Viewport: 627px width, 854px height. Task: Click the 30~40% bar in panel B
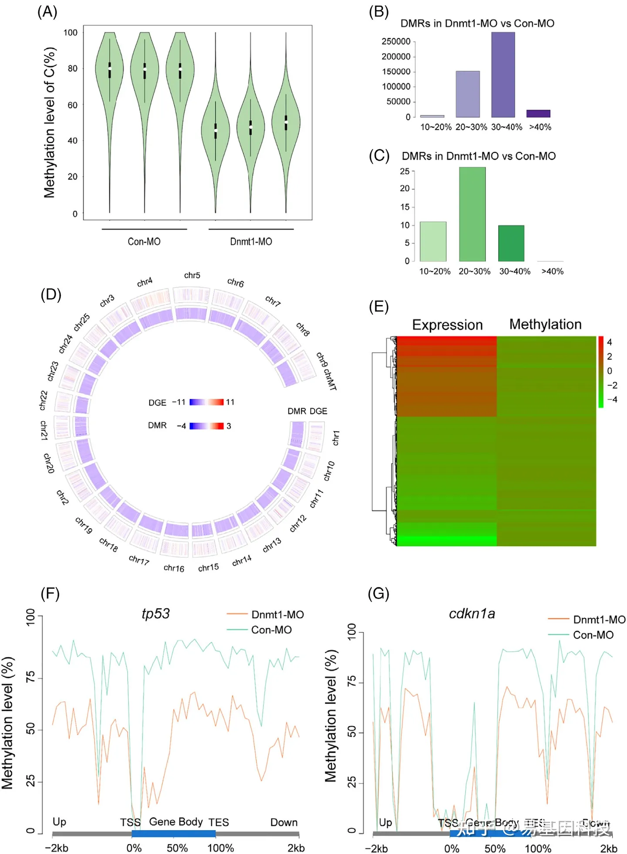[x=503, y=75]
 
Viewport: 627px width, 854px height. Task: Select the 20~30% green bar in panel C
[x=472, y=214]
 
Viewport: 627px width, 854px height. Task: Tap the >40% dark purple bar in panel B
[x=538, y=114]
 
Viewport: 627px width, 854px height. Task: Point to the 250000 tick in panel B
[x=396, y=41]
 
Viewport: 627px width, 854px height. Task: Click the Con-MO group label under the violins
[x=144, y=241]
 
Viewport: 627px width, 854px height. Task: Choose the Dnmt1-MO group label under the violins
[x=251, y=241]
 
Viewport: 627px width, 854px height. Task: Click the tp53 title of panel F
[x=155, y=613]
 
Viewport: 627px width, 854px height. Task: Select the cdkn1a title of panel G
[x=472, y=613]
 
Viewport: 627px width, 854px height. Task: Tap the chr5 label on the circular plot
[x=192, y=275]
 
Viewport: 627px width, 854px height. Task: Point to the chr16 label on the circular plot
[x=174, y=568]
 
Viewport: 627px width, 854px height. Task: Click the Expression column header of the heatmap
[x=447, y=325]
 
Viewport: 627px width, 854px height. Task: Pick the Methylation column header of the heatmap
[x=545, y=324]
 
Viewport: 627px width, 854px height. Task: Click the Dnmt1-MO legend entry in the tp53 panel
[x=277, y=614]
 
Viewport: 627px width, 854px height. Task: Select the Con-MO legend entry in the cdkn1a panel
[x=593, y=635]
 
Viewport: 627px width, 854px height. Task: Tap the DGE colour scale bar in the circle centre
[x=206, y=402]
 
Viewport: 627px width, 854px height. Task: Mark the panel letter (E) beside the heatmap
[x=378, y=307]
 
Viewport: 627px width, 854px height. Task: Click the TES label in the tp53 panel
[x=218, y=822]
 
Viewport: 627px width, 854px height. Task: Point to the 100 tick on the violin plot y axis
[x=71, y=33]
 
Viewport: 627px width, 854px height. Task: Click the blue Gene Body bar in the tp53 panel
[x=173, y=834]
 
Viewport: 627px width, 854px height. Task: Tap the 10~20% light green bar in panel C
[x=433, y=241]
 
